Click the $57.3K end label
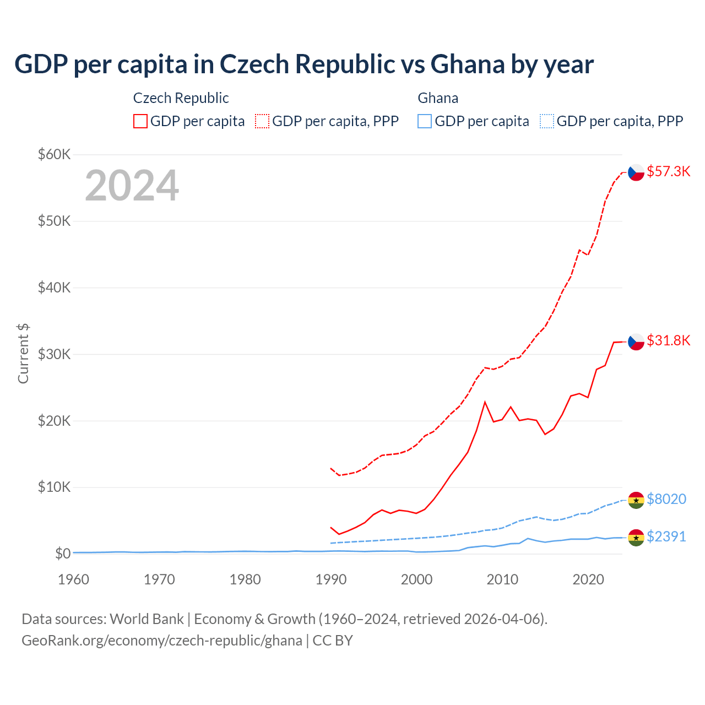tap(668, 171)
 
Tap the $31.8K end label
tap(668, 340)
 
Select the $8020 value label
tap(666, 499)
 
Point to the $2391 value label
tap(666, 536)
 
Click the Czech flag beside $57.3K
tap(636, 172)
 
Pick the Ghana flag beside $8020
tap(636, 500)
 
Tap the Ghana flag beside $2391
tap(636, 538)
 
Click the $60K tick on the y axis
tap(55, 154)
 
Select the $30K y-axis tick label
tap(55, 354)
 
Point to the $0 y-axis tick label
tap(63, 554)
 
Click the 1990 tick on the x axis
tap(331, 579)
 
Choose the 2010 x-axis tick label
tap(502, 579)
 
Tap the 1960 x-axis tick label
tap(74, 579)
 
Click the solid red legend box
tap(140, 121)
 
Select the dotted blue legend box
tap(547, 121)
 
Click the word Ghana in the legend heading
tap(438, 98)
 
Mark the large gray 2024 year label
tap(132, 186)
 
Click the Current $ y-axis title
tap(23, 354)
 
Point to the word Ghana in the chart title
tap(468, 64)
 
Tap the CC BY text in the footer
tap(333, 641)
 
